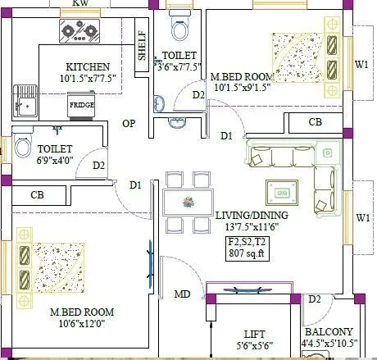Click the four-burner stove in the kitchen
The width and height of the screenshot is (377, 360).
(79, 32)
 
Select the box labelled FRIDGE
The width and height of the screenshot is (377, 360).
(80, 106)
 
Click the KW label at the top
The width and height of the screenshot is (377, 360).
(80, 4)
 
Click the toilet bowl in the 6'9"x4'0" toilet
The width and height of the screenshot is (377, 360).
(22, 148)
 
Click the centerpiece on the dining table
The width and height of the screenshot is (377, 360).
(188, 201)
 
